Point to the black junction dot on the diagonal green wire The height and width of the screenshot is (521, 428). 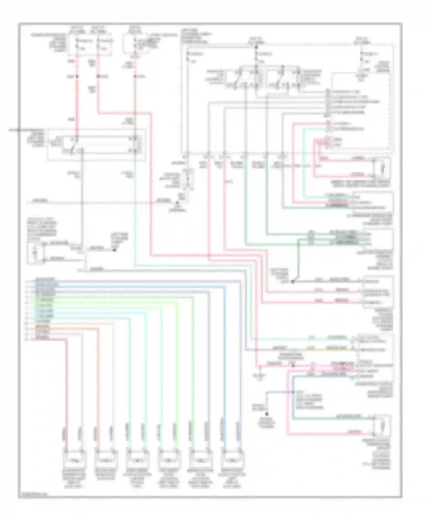292,282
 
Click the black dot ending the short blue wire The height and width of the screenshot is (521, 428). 267,414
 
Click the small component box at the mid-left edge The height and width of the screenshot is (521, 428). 35,252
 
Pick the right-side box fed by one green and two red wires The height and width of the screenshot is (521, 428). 378,292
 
